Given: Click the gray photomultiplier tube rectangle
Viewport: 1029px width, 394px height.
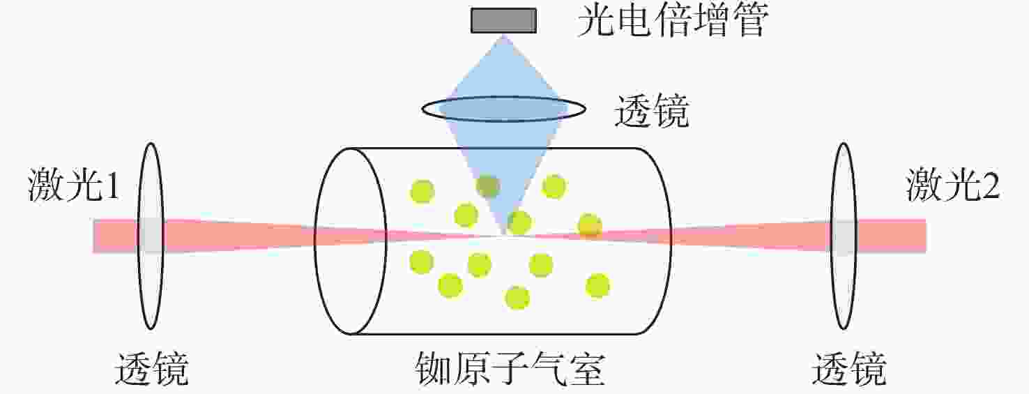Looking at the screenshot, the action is tap(503, 21).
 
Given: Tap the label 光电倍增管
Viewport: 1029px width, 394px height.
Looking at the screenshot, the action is tap(673, 21).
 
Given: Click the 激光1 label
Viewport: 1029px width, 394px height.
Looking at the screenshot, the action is tap(73, 185).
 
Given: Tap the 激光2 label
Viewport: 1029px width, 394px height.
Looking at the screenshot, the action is tap(953, 185).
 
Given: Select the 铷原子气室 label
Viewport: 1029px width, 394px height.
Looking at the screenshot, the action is tap(510, 369).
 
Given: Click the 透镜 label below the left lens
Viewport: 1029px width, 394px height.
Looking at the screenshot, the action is tap(151, 369).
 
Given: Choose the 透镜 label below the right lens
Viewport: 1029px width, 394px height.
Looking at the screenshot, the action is tap(849, 369).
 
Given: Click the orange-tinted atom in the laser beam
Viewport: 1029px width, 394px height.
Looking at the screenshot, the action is tap(590, 227).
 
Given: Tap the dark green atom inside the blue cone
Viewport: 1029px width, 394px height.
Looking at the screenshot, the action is tap(488, 186).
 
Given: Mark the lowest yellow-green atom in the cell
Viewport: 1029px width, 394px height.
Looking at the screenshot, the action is tap(517, 298).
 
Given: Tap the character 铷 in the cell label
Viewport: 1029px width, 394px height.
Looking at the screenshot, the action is tap(434, 369).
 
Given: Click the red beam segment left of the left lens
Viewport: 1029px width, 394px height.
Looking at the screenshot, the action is tap(115, 236).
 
